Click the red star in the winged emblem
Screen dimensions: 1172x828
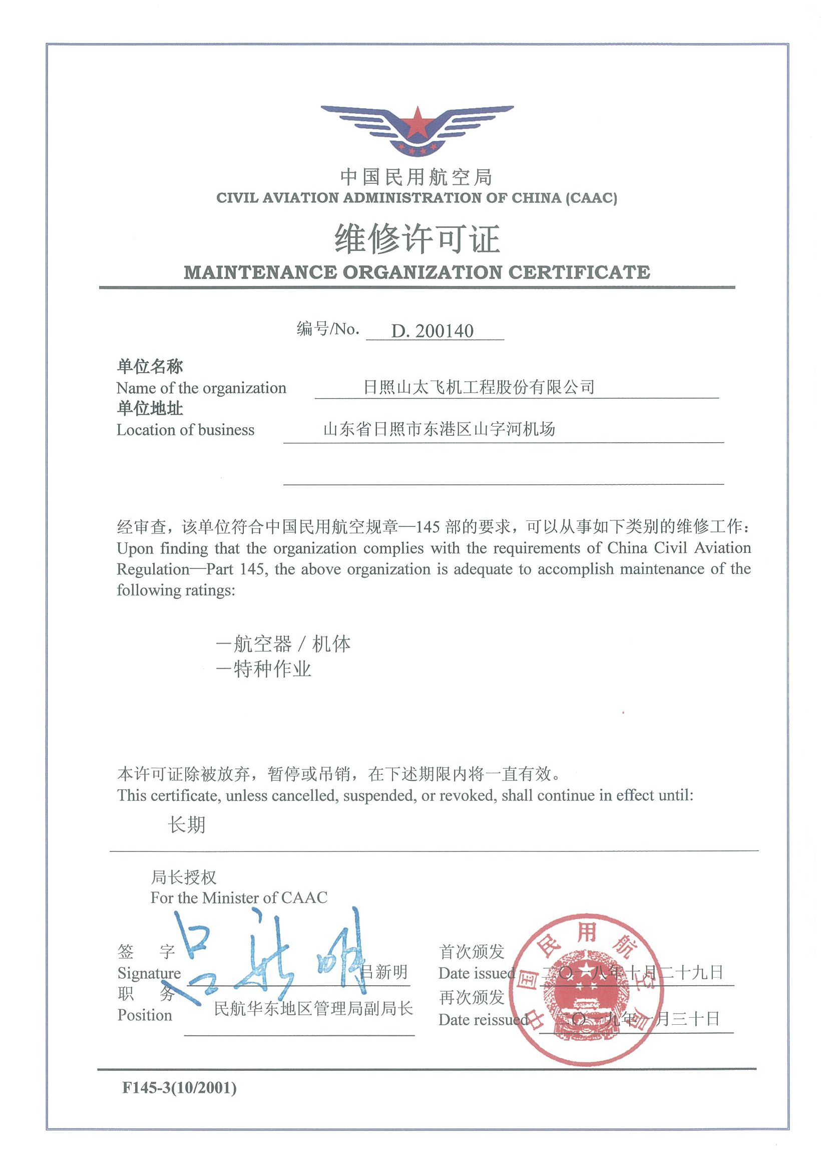coord(418,125)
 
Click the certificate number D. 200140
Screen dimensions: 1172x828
coord(432,331)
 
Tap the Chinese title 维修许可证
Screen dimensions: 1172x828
coord(417,239)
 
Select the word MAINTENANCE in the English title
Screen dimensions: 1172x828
coord(260,272)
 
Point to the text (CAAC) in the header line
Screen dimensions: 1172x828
coord(591,198)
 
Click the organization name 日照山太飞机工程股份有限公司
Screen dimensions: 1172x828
coord(479,388)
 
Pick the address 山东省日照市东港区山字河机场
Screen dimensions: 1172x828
coord(439,429)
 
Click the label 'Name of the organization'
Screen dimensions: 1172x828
coord(201,389)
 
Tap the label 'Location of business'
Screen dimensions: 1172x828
coord(185,430)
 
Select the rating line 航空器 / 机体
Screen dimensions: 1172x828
coord(283,644)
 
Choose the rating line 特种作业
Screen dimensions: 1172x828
coord(264,669)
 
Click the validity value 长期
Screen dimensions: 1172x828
coord(187,825)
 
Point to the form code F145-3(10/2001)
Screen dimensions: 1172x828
coord(179,1088)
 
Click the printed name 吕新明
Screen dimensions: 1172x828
coord(383,972)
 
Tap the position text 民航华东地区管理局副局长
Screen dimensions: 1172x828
coord(313,1009)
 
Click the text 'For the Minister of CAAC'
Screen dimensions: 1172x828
coord(239,898)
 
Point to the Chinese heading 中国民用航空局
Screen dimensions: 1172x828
coord(417,177)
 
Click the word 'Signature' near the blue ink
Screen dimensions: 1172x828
coord(149,974)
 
